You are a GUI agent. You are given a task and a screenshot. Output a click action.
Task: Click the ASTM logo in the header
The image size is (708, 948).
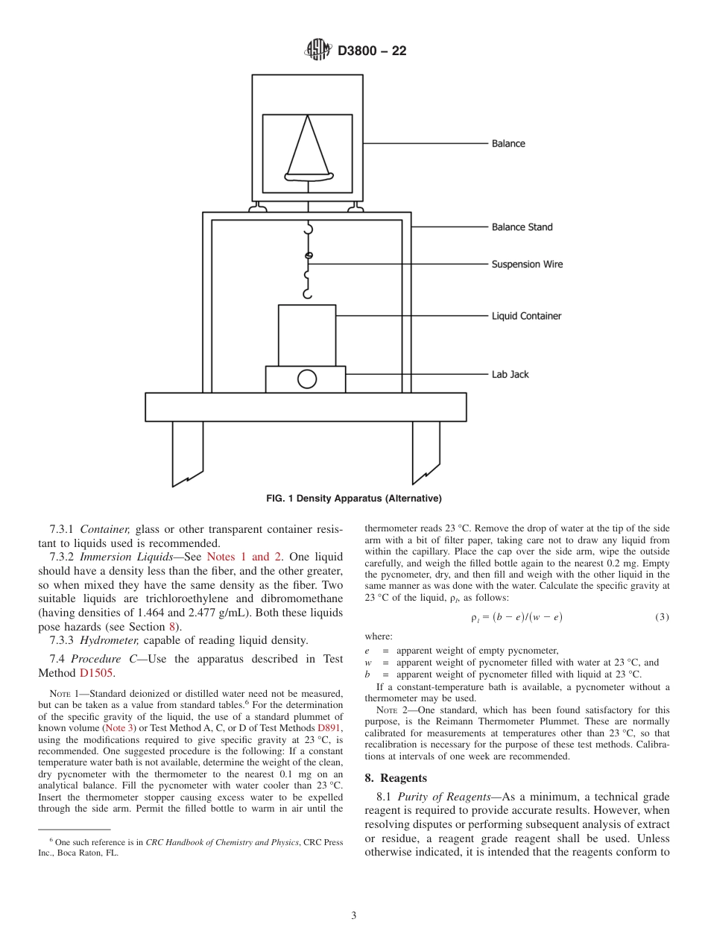(318, 51)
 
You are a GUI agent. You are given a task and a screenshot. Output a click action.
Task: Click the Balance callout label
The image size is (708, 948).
(508, 144)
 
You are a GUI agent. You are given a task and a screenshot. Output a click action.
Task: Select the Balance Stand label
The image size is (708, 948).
(522, 227)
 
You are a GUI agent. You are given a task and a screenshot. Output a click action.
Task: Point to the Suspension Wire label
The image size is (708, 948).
(527, 265)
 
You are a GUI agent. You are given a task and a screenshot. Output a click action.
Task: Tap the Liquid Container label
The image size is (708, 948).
(526, 316)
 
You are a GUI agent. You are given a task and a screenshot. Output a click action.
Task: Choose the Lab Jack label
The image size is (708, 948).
(510, 375)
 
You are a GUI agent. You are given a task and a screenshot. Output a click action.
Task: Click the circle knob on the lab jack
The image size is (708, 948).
(307, 379)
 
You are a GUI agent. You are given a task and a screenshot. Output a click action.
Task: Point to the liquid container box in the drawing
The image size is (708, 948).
(307, 335)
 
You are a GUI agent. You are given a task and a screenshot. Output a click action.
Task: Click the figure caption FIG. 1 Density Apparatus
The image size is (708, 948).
(354, 499)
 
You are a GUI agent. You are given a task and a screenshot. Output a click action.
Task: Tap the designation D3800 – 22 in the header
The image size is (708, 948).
(372, 51)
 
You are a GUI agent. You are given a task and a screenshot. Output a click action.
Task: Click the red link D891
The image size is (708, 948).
(329, 727)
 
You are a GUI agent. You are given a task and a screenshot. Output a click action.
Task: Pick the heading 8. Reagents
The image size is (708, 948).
(396, 778)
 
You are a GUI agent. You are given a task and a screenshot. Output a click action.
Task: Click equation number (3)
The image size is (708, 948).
(662, 617)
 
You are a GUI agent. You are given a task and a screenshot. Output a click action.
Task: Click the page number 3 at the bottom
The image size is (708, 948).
(354, 916)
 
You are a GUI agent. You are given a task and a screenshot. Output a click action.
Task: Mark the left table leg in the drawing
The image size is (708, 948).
(187, 452)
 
